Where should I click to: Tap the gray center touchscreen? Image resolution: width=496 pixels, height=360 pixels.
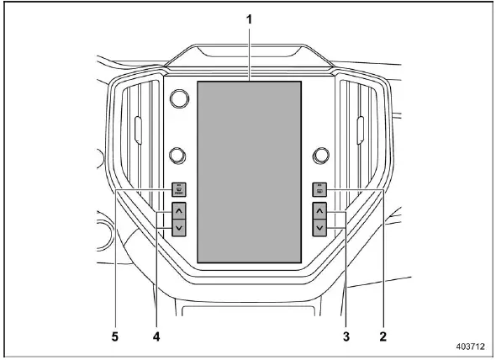[x=249, y=172]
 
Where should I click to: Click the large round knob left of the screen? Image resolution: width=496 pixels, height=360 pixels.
[x=179, y=99]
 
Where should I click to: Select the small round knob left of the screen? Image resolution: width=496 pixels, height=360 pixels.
[x=177, y=154]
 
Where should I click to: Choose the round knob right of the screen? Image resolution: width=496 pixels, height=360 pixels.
[x=319, y=155]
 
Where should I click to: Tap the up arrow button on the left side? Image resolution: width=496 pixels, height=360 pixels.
[x=178, y=209]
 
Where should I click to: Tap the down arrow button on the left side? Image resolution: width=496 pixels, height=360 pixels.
[x=178, y=227]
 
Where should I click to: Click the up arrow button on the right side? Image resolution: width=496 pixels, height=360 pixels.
[x=319, y=209]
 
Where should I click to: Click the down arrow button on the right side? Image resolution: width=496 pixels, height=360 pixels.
[x=319, y=227]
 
